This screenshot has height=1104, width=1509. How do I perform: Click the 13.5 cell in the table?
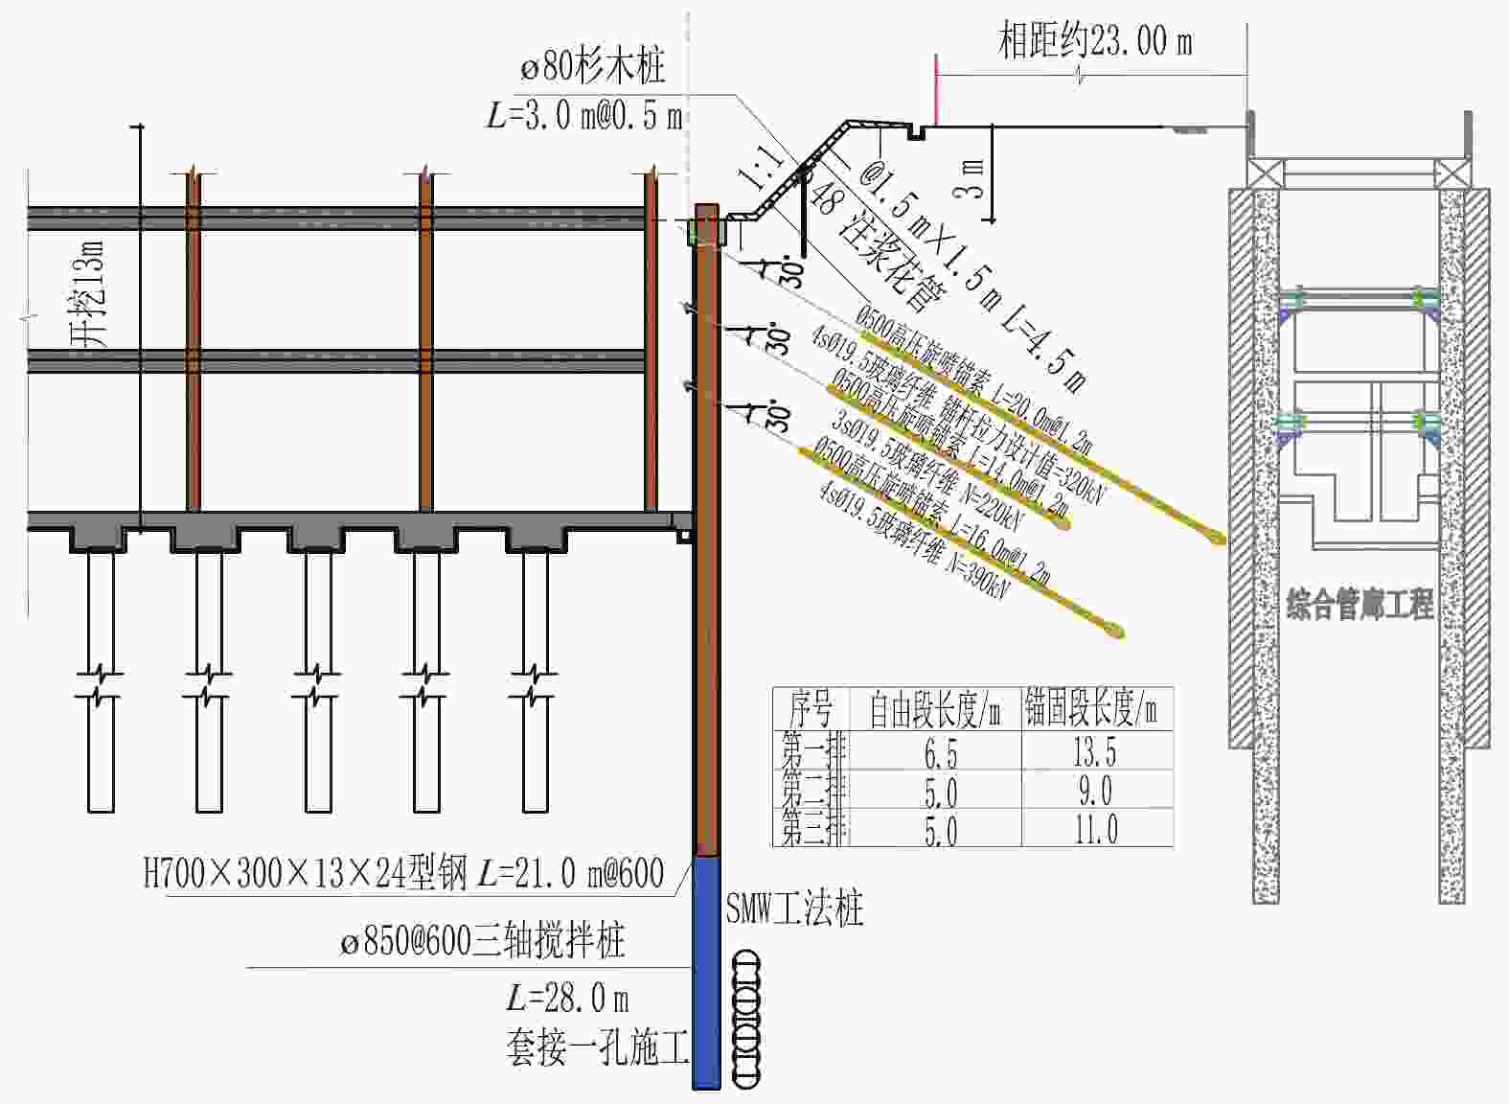pos(1095,752)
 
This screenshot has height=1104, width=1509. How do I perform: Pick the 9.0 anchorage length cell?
pos(1094,792)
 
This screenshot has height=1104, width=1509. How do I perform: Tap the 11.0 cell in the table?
pos(1096,829)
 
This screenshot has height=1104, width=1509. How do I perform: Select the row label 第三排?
pos(813,829)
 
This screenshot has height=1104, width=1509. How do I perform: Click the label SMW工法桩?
pos(794,908)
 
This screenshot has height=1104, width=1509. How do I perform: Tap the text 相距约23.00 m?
pos(1095,41)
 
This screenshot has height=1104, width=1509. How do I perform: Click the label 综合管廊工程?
pos(1360,605)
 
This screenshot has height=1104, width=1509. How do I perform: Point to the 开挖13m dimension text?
pos(88,292)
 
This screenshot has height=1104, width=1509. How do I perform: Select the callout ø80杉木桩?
pos(593,67)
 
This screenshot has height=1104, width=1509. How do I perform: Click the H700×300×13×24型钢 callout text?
pos(403,873)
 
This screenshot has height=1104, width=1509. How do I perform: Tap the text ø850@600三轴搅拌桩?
pos(483,941)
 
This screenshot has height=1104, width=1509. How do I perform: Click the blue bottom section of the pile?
pos(706,973)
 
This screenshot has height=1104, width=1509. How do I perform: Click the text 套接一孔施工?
pos(597,1047)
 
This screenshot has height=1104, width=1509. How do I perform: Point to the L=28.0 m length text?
pos(568,999)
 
